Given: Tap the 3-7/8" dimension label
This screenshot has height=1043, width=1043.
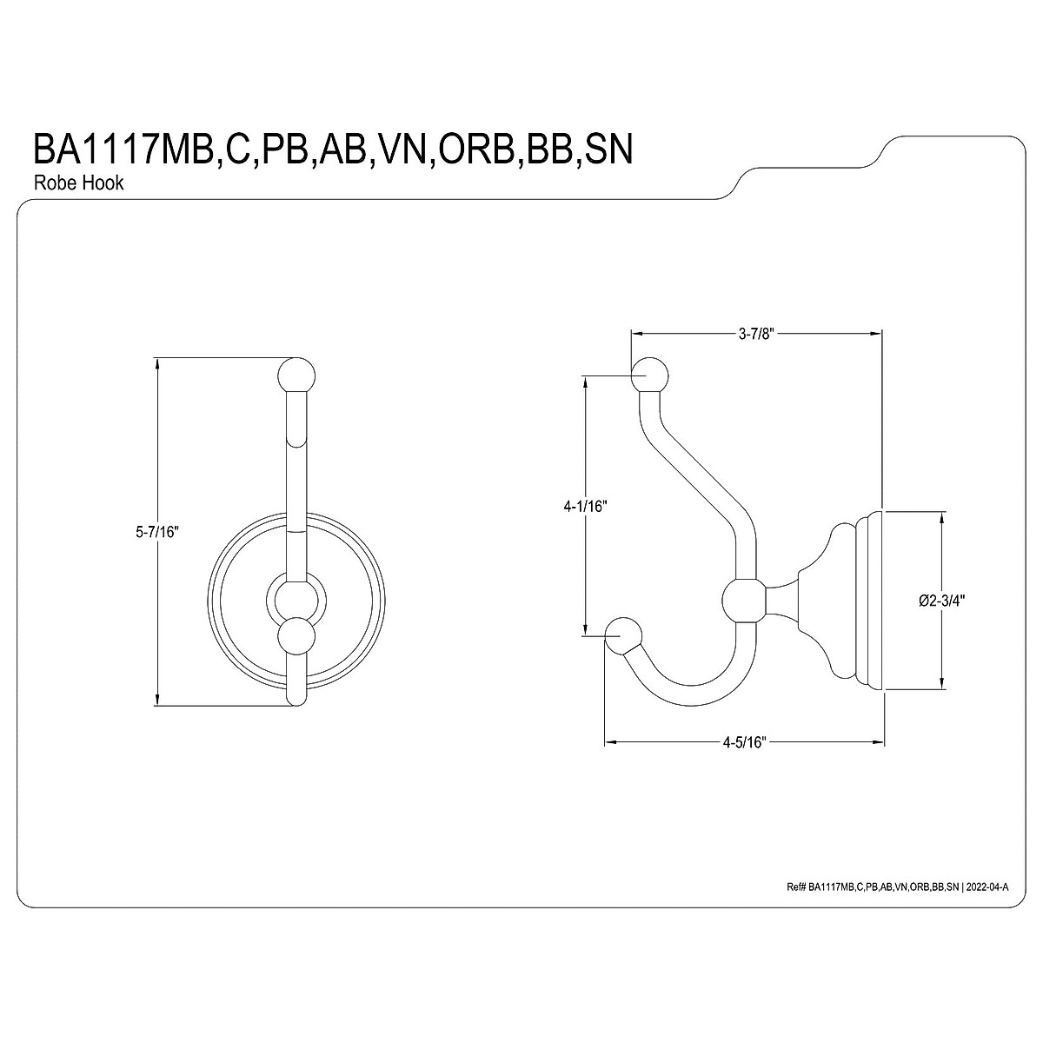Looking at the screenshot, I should (x=755, y=334).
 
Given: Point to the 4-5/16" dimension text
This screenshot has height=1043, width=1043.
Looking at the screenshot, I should (x=744, y=743).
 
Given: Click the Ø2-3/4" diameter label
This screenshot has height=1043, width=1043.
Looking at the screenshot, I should (x=943, y=600).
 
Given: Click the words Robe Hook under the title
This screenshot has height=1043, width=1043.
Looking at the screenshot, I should (x=78, y=183).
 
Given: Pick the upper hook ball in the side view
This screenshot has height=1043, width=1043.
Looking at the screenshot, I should (x=649, y=376).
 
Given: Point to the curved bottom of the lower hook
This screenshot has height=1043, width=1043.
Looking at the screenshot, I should (x=695, y=687).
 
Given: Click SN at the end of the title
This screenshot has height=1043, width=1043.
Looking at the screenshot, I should (x=607, y=149).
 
